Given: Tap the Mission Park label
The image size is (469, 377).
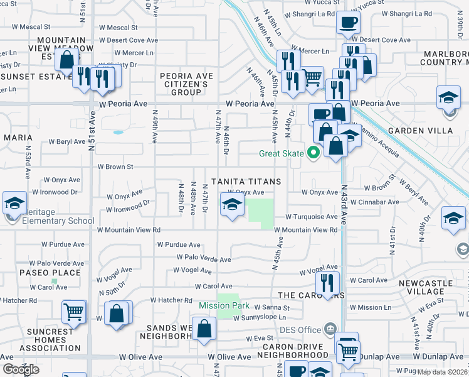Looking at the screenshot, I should [x=224, y=306].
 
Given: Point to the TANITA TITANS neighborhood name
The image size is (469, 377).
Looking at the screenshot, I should [x=245, y=182].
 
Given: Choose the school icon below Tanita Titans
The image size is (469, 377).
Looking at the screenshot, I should [x=231, y=204].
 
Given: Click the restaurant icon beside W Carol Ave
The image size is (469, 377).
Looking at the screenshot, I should [x=327, y=282].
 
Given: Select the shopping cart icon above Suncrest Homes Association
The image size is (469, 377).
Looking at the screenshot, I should [x=74, y=311].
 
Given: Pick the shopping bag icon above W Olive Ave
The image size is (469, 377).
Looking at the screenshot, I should [x=204, y=329].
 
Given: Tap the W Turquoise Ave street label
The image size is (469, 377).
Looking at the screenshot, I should [x=312, y=216].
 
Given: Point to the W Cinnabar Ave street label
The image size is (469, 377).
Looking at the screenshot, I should [x=378, y=202].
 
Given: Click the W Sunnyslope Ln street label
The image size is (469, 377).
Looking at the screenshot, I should [x=263, y=319].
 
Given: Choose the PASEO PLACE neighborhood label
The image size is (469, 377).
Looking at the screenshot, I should [x=50, y=273].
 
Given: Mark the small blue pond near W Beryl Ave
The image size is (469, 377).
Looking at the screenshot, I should [x=118, y=133].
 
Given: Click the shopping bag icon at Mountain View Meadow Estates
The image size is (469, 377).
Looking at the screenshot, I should [x=66, y=60].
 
